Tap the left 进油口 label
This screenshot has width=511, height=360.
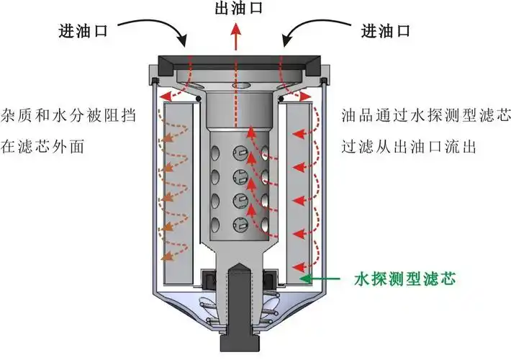(x=83, y=31)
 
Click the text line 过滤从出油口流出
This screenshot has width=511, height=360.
(x=403, y=147)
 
